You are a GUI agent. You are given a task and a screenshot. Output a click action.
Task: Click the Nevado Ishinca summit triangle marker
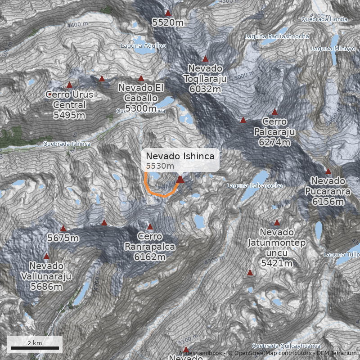tap(180, 180)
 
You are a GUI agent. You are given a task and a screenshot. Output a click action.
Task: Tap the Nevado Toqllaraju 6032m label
tap(205, 79)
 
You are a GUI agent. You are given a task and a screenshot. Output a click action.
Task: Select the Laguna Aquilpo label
tap(143, 46)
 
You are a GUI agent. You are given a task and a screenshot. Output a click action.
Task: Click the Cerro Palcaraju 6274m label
tap(274, 131)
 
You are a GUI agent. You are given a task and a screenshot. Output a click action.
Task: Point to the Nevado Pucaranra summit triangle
tap(328, 171)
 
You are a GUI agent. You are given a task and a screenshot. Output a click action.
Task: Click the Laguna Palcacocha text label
tap(255, 185)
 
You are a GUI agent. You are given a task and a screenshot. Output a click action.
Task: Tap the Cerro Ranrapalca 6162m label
tap(150, 247)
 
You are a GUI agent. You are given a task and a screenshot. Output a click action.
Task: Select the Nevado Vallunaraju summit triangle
tap(46, 256)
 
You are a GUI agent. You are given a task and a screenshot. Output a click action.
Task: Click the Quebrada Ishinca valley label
tap(67, 144)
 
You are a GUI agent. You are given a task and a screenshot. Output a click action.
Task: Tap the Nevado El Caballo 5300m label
tap(141, 98)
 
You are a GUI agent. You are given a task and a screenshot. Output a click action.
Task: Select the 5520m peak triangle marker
tap(168, 13)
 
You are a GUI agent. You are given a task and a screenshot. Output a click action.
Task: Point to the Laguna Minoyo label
tap(333, 48)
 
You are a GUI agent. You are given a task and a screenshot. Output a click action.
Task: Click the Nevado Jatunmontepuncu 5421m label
tap(276, 247)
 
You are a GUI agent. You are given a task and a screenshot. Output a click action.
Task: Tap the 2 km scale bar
tap(35, 347)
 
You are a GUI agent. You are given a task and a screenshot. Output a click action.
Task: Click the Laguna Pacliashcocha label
tap(277, 36)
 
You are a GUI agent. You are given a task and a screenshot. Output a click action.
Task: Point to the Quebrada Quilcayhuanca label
tap(286, 346)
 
